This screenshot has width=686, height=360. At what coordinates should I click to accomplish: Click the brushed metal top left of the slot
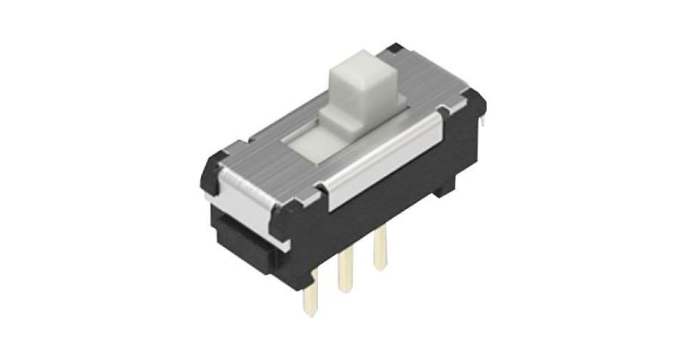269,149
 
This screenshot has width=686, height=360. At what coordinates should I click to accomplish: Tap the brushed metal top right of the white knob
423,86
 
